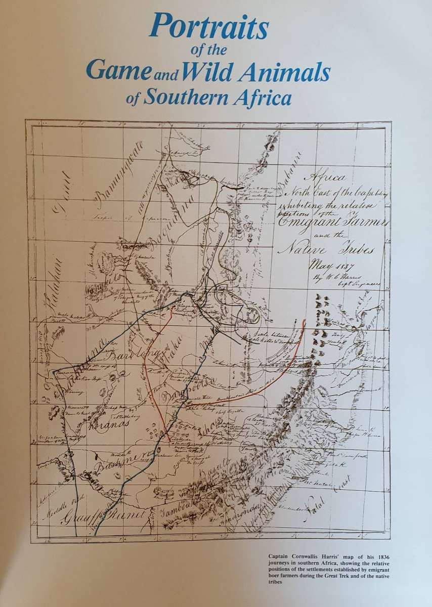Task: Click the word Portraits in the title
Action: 208,27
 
